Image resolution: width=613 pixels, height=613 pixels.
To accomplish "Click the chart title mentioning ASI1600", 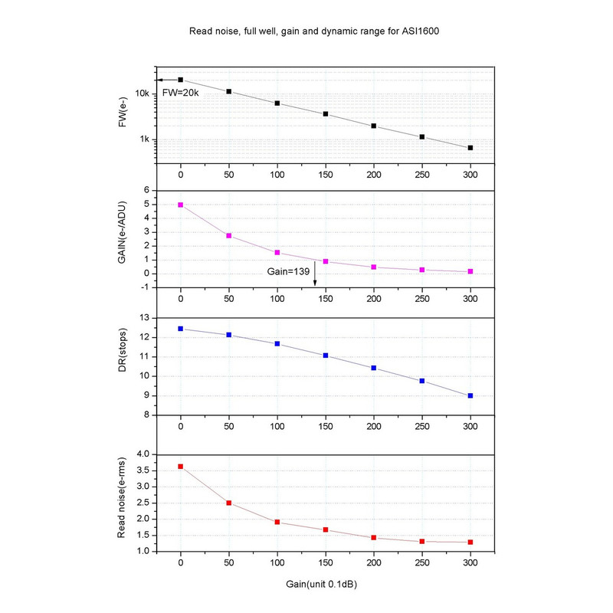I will point(308,33).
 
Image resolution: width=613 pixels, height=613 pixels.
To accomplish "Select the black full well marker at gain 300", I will point(470,147).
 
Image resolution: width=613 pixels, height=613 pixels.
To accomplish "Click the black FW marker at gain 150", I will point(326,114).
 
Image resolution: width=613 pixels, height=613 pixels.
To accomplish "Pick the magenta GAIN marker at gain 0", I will point(181,205).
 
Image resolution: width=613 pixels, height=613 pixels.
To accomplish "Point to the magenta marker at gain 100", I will point(277,252).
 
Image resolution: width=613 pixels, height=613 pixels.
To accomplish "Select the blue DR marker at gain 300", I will point(470,395).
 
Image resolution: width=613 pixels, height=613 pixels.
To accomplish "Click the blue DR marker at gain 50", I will point(229,335).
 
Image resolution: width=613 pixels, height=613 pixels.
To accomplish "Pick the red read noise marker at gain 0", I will point(181,466).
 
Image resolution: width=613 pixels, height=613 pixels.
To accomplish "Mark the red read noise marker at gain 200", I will point(374,538).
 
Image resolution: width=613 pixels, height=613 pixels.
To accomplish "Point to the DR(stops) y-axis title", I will point(123,366).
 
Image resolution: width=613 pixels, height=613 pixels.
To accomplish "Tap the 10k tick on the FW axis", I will point(143,93).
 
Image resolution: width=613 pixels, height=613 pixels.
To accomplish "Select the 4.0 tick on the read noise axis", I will point(143,454).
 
